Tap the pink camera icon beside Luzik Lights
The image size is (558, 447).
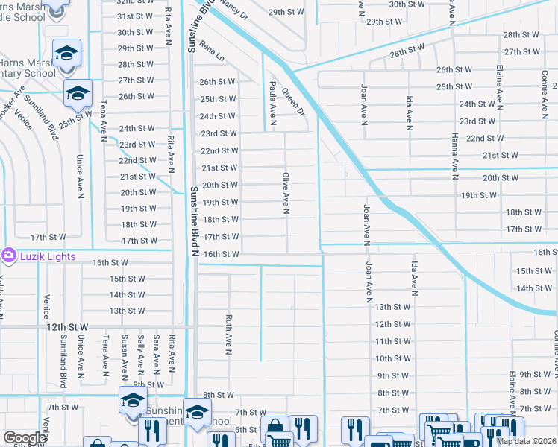9,256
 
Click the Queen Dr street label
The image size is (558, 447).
293,101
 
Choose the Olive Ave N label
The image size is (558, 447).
285,192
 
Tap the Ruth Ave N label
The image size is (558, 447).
229,332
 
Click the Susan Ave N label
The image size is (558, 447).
124,353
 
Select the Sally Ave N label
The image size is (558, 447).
140,353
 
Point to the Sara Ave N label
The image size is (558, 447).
156,353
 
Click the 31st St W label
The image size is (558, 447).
135,16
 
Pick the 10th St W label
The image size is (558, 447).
393,358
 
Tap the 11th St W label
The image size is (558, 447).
393,341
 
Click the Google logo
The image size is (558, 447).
25,438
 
